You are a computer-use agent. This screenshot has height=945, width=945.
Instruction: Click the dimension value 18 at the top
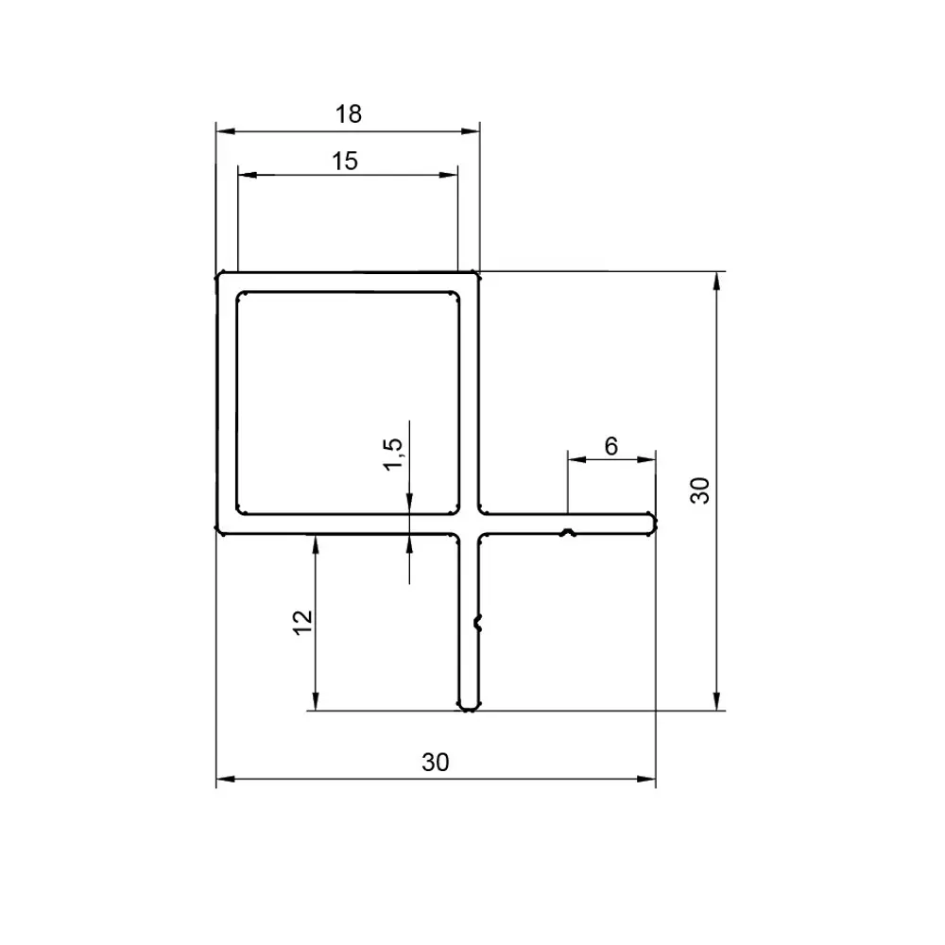pyautogui.click(x=348, y=114)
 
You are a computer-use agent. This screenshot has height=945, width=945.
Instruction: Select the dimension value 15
pyautogui.click(x=345, y=161)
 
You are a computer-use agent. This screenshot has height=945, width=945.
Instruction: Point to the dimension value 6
pyautogui.click(x=610, y=446)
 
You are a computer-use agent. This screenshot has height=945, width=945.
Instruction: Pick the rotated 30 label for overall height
pyautogui.click(x=700, y=490)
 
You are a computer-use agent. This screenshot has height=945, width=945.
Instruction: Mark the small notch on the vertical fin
pyautogui.click(x=478, y=622)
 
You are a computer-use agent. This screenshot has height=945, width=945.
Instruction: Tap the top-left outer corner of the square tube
pyautogui.click(x=220, y=276)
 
